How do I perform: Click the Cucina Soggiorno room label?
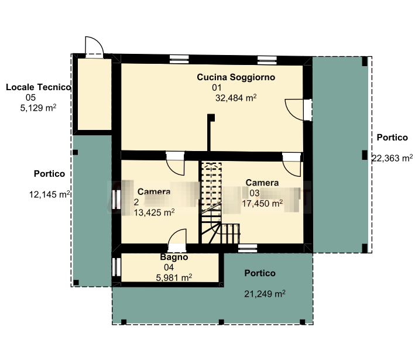pyautogui.click(x=236, y=77)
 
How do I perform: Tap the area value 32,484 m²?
pyautogui.click(x=236, y=98)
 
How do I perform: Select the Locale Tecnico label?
pyautogui.click(x=39, y=87)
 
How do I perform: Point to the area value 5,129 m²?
pyautogui.click(x=38, y=108)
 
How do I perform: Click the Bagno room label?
pyautogui.click(x=174, y=257)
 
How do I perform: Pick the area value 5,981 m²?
pyautogui.click(x=174, y=277)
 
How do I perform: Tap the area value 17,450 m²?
pyautogui.click(x=262, y=203)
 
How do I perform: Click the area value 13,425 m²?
pyautogui.click(x=154, y=212)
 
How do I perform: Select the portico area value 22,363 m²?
pyautogui.click(x=392, y=158)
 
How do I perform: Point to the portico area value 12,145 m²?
pyautogui.click(x=50, y=194)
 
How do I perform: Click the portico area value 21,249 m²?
pyautogui.click(x=265, y=294)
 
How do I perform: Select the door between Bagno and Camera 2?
pyautogui.click(x=177, y=238)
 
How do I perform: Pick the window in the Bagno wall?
pyautogui.click(x=116, y=267)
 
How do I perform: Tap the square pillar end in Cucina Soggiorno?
pyautogui.click(x=211, y=118)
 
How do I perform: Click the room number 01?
pyautogui.click(x=217, y=88)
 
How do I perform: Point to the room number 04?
pyautogui.click(x=169, y=268)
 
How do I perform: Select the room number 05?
pyautogui.click(x=30, y=97)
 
